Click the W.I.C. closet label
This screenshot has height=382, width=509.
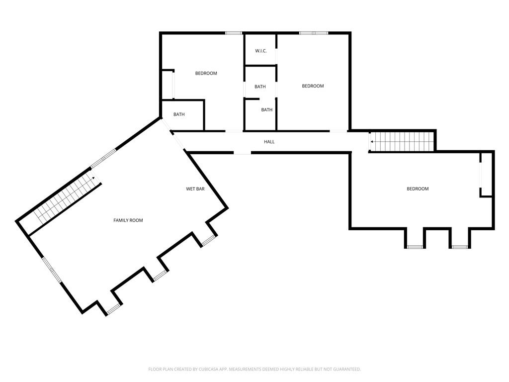(261, 51)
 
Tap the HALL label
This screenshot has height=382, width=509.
(269, 142)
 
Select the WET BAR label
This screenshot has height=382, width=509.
(195, 189)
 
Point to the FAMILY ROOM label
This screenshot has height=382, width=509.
(128, 220)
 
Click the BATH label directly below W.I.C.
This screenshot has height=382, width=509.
(260, 87)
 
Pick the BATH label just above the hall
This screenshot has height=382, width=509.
(267, 110)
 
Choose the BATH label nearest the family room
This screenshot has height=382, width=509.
(179, 114)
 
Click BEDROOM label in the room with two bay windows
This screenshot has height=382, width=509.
(418, 189)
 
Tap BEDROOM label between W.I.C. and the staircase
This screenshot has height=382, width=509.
(313, 86)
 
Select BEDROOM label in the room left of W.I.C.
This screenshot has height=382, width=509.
(206, 74)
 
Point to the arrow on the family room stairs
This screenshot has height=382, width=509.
(93, 178)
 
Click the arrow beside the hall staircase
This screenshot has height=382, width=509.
(372, 142)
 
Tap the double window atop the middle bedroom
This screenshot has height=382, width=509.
(314, 33)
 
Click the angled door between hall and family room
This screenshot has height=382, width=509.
(177, 140)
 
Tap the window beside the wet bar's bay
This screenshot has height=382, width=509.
(208, 241)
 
